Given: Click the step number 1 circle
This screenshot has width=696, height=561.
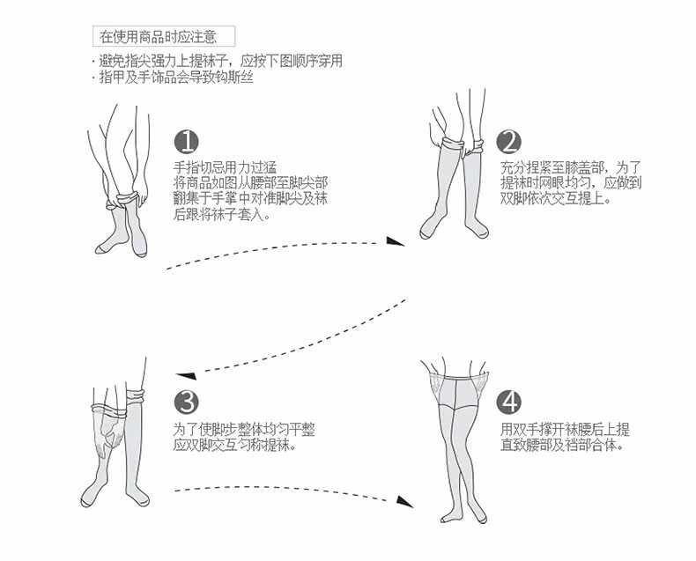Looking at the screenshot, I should click(x=186, y=143).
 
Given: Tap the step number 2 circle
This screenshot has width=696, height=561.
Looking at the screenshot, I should click(x=509, y=142).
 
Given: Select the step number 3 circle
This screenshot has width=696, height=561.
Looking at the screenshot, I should click(x=186, y=402).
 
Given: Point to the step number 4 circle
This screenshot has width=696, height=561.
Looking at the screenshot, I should click(x=509, y=402).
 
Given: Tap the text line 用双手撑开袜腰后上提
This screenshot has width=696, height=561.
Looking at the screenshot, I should click(x=565, y=429).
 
